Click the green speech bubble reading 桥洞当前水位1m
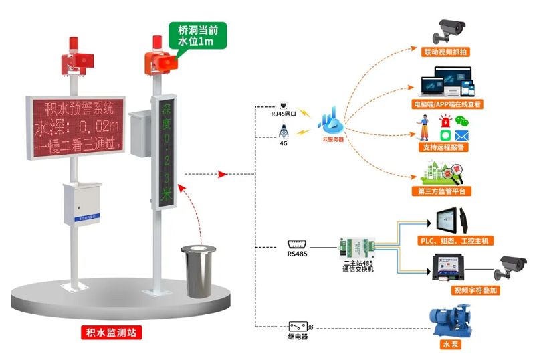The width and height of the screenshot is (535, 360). (x=199, y=35)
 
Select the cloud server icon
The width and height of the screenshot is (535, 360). (x=332, y=122)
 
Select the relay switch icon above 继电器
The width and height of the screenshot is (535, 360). (x=298, y=326)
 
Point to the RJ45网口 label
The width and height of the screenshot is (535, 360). (x=283, y=114)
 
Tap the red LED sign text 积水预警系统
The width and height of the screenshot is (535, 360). (x=76, y=108)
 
